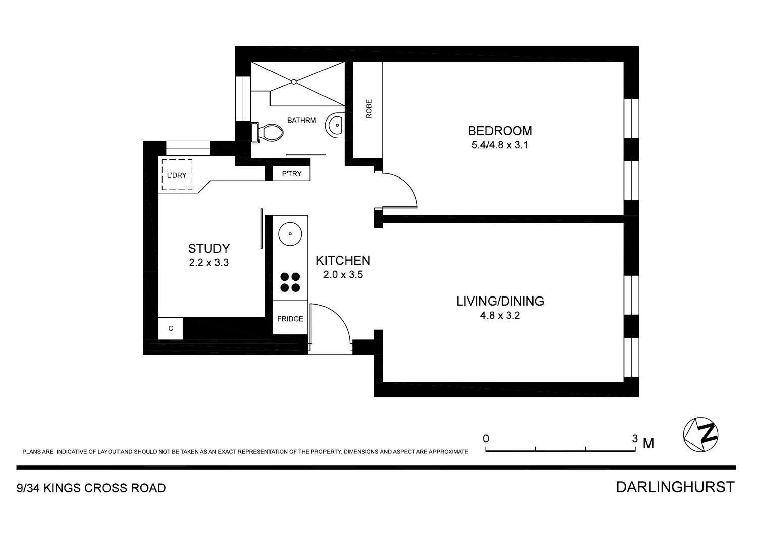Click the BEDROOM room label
(500, 131)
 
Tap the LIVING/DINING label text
(500, 301)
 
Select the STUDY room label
(208, 248)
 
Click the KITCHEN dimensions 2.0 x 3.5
(343, 275)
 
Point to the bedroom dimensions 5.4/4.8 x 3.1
(500, 145)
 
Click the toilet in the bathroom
(267, 132)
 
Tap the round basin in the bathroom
(335, 124)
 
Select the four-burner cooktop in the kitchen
(290, 282)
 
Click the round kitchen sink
(290, 234)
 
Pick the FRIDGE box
(290, 319)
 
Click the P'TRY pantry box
(291, 173)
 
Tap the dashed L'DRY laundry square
(177, 175)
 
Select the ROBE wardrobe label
(368, 109)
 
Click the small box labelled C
(171, 329)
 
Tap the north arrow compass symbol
(700, 434)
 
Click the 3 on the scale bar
(635, 439)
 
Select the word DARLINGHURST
(675, 487)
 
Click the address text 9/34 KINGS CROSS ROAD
(91, 488)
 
